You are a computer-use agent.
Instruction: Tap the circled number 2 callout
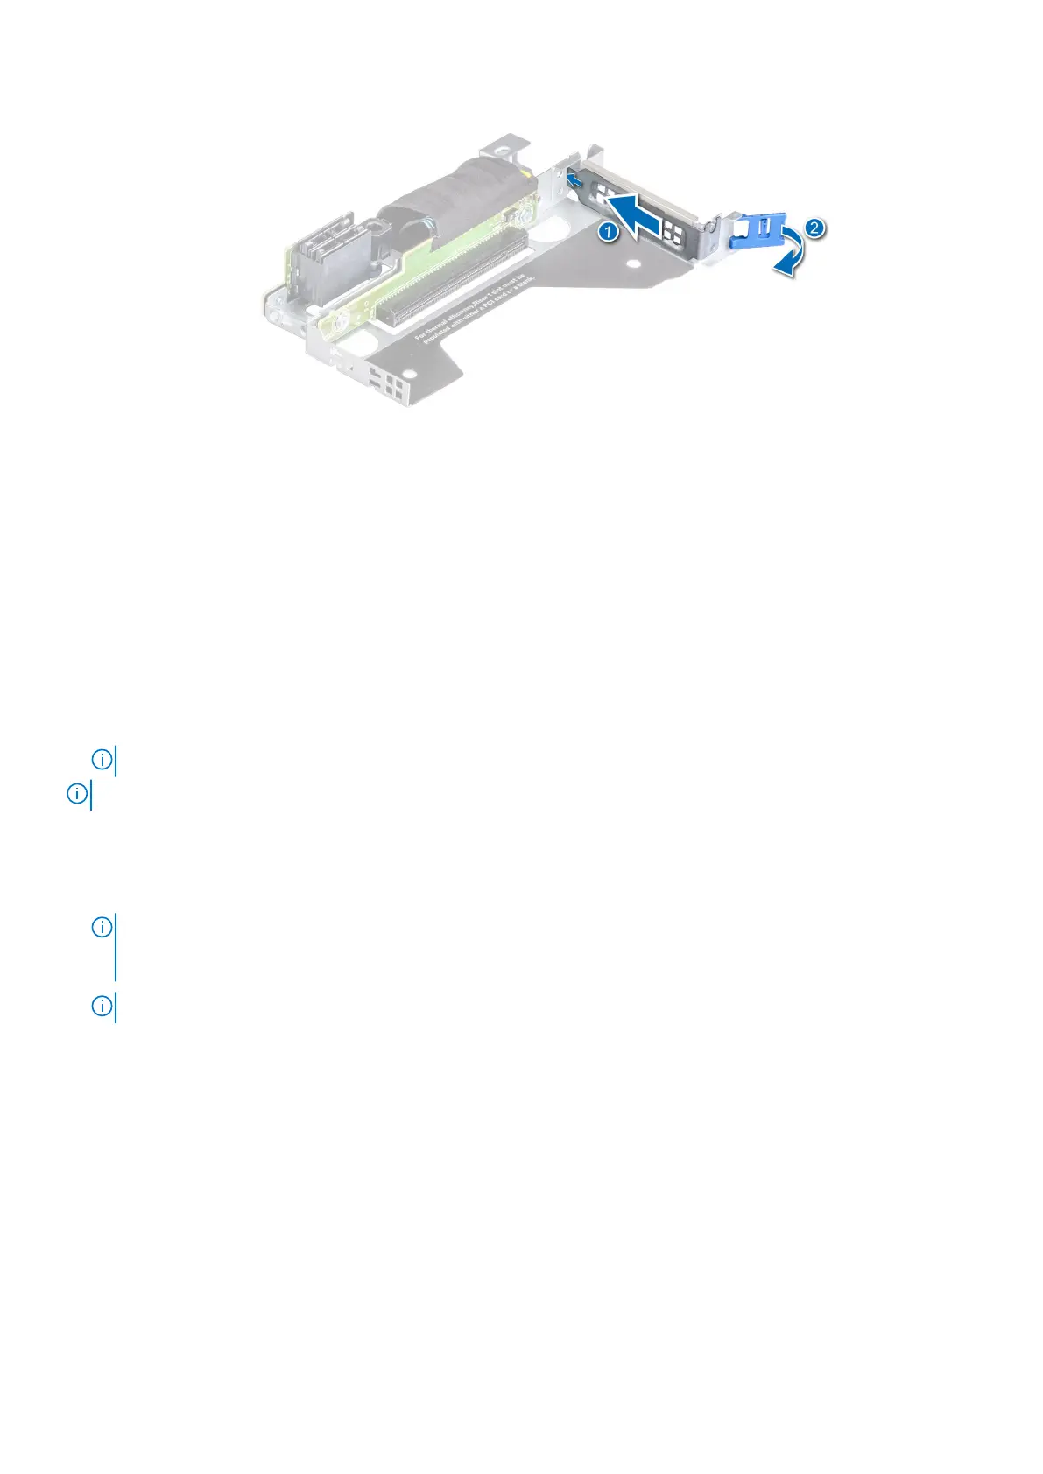(x=814, y=228)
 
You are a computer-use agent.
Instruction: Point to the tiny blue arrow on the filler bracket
(x=574, y=180)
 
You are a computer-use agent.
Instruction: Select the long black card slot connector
(x=447, y=281)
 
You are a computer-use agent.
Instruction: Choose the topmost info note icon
(x=102, y=760)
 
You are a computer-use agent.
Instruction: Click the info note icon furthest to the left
(x=77, y=794)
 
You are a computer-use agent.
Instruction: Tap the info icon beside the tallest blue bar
(x=102, y=926)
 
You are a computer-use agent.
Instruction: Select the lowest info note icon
(x=102, y=1007)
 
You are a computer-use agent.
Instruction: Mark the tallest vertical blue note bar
(x=116, y=947)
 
